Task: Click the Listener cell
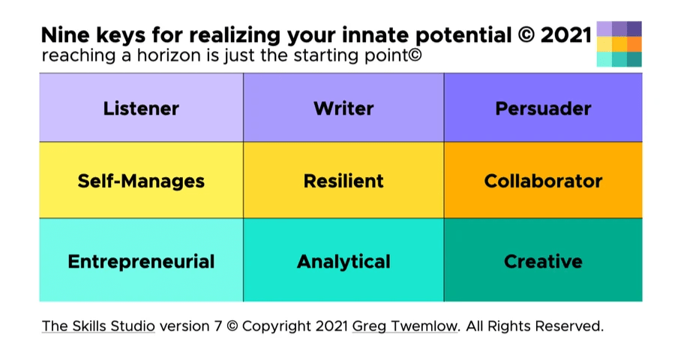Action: tap(141, 107)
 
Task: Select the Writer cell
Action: tap(343, 107)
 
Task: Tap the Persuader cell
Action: tap(543, 107)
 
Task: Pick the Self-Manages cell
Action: tap(141, 180)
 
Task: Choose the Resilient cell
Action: tap(343, 180)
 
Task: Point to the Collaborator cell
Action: tap(543, 180)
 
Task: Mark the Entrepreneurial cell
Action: tap(141, 259)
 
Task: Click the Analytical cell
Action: tap(343, 259)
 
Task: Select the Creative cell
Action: tap(543, 259)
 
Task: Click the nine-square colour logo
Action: tap(619, 43)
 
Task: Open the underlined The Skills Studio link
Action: tap(98, 326)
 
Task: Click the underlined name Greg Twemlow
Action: tap(405, 326)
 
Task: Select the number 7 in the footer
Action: tap(218, 326)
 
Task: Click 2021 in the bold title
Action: tap(566, 35)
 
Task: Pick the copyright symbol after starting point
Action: tap(415, 55)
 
